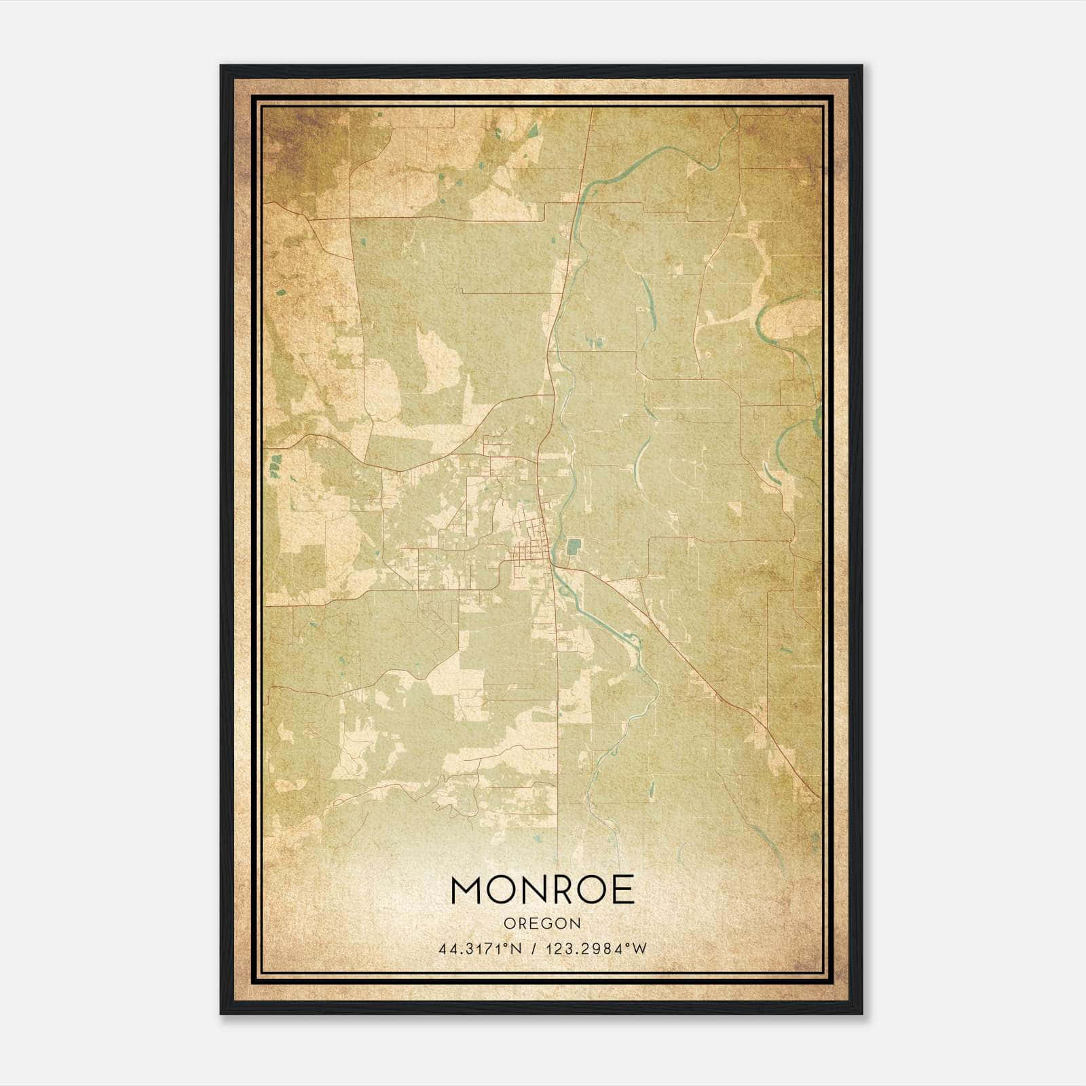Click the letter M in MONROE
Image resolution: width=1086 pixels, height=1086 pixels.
(x=468, y=890)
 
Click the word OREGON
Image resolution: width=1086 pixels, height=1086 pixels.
(x=542, y=923)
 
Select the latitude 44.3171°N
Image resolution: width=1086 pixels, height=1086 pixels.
(x=481, y=949)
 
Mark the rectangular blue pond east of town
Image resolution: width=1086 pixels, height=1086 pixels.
(x=574, y=545)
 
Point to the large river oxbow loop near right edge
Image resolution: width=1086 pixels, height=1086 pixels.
(x=787, y=319)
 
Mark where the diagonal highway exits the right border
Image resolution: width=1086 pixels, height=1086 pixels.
(x=820, y=798)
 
